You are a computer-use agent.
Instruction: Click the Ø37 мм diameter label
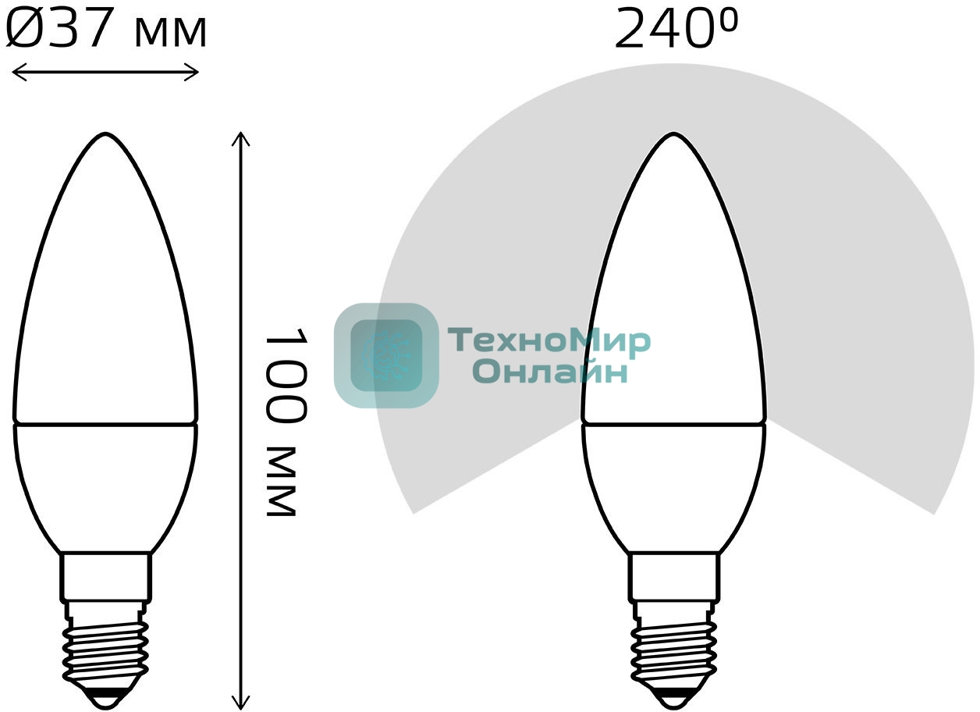[x=106, y=30]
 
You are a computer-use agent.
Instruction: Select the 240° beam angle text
[x=675, y=30]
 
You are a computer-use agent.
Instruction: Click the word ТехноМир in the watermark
[x=549, y=342]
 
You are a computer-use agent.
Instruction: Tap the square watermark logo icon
[x=386, y=355]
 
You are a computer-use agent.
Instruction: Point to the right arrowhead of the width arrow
[x=195, y=73]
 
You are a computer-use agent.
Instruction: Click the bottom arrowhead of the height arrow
[x=241, y=704]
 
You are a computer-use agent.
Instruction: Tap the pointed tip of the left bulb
[x=105, y=136]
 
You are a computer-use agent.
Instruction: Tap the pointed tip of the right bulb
[x=674, y=136]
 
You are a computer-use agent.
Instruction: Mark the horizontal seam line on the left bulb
[x=105, y=425]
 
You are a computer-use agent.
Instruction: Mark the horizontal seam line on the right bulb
[x=674, y=425]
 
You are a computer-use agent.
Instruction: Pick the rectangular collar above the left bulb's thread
[x=105, y=576]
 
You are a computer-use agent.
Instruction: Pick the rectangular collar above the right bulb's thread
[x=674, y=576]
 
